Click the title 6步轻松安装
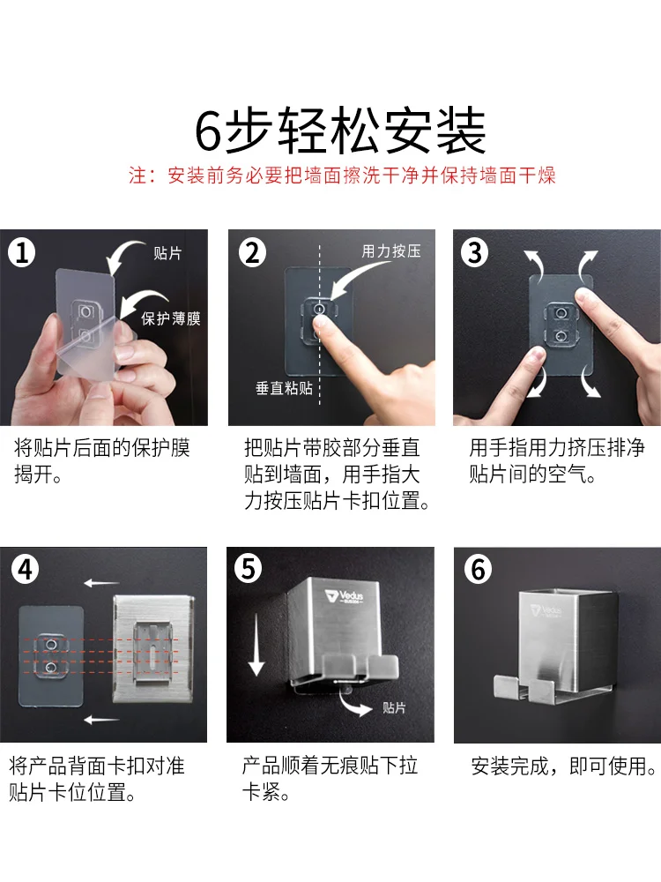pos(340,131)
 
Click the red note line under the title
pos(342,175)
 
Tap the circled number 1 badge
pos(22,252)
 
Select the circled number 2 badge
pos(252,252)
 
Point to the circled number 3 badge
pos(475,252)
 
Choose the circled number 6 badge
pos(479,569)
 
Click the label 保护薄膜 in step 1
pos(171,319)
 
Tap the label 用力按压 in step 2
pos(391,250)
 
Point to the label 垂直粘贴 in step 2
pos(284,388)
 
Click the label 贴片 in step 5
pos(394,707)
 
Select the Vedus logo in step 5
pos(344,596)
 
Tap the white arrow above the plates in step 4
pos(101,583)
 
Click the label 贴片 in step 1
pos(167,253)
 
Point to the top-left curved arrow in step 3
pos(533,262)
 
